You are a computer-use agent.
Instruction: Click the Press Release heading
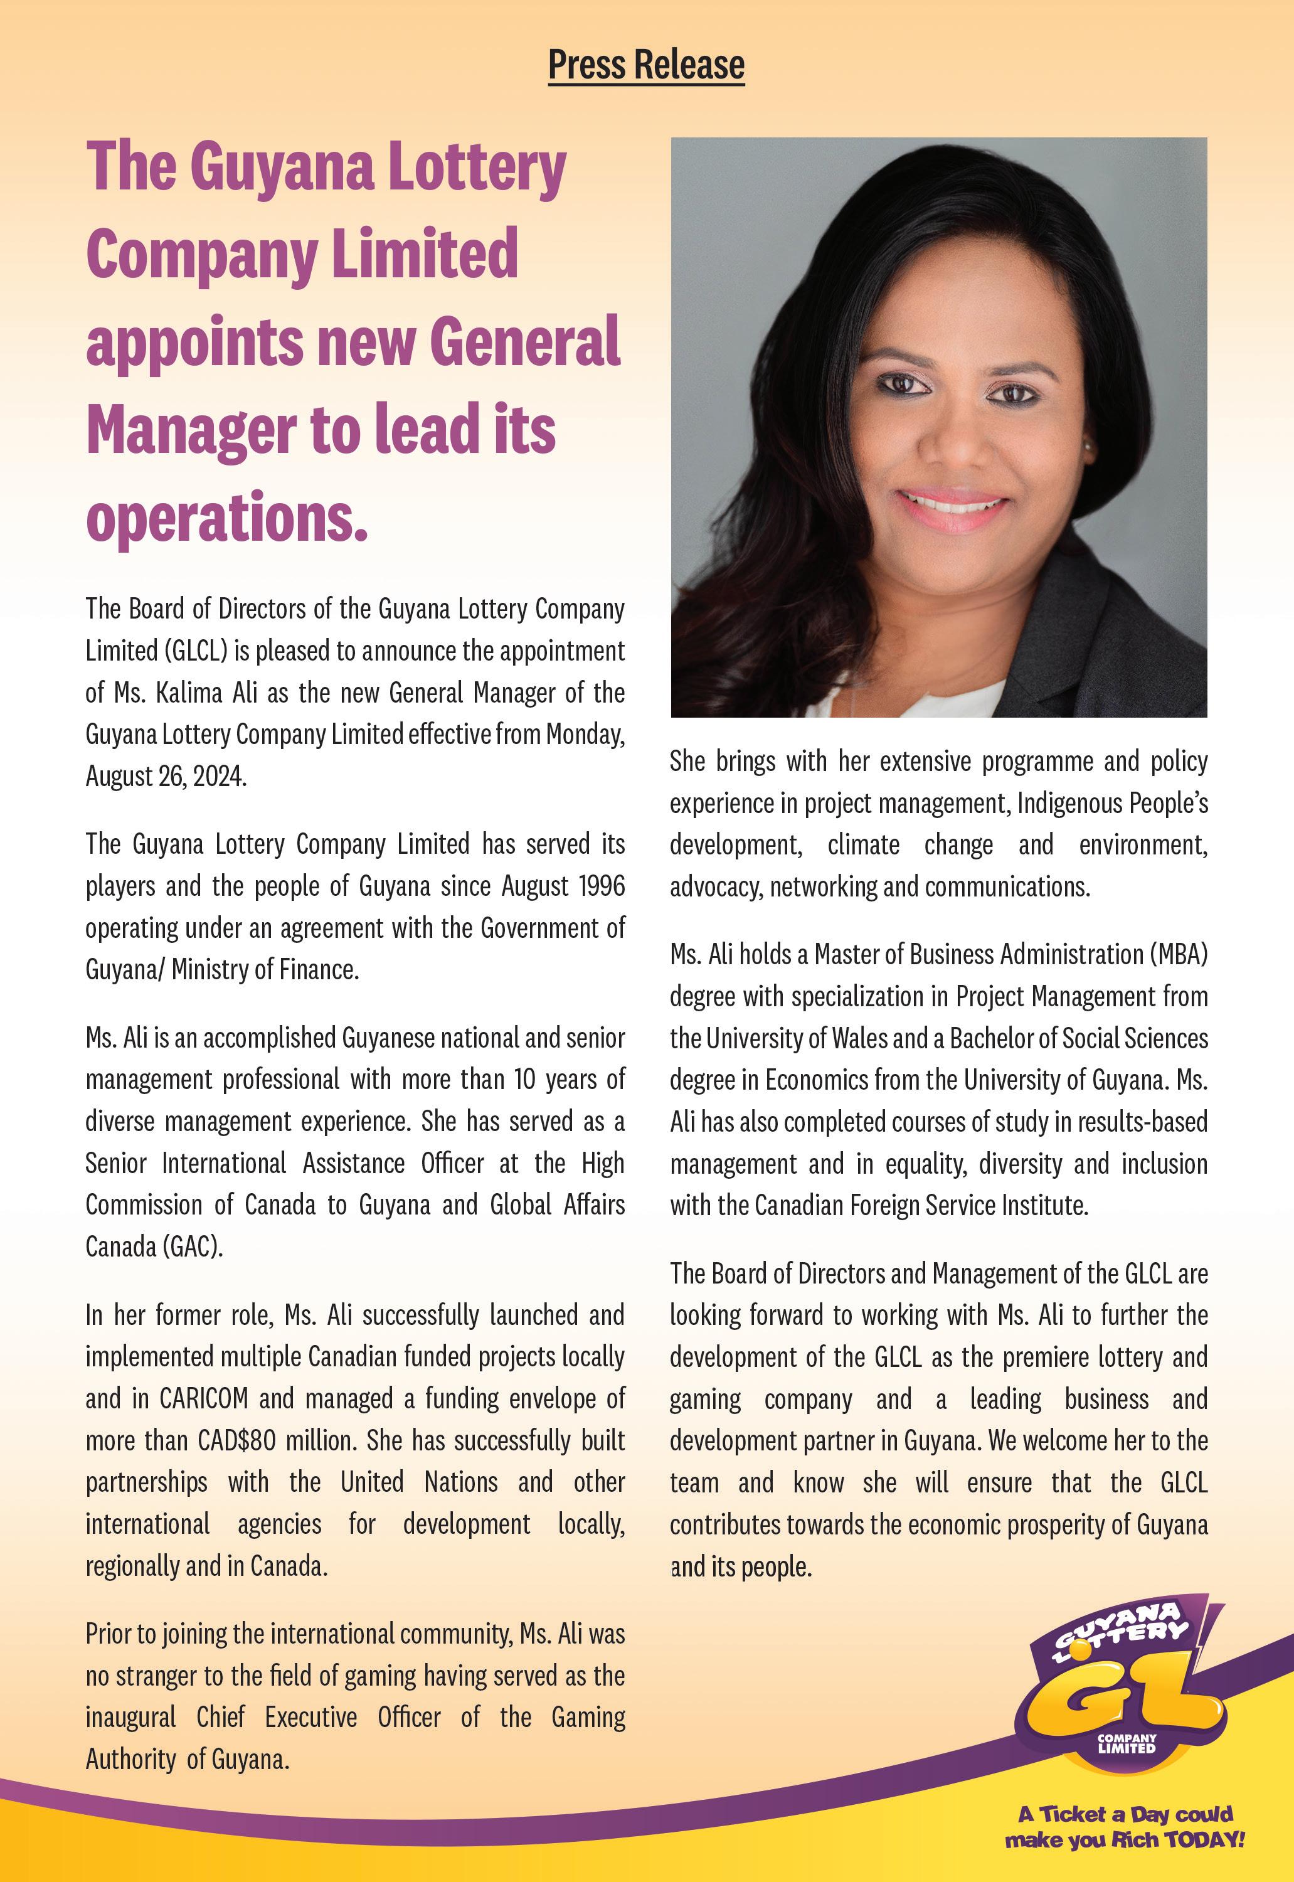tap(646, 65)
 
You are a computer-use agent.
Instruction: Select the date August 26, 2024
tap(166, 776)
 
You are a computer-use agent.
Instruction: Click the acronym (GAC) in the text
tap(194, 1247)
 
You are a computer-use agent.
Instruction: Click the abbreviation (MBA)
tap(1177, 954)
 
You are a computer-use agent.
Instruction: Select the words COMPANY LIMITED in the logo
tap(1126, 1743)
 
